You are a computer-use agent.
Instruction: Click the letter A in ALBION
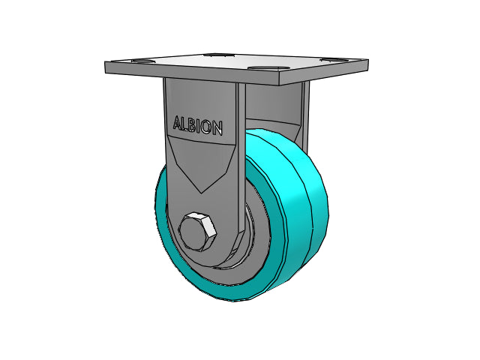coord(178,123)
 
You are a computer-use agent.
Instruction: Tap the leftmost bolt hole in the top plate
coord(142,61)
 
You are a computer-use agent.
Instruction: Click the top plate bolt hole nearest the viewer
coord(268,68)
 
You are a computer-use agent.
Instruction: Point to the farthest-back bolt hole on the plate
coord(217,55)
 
